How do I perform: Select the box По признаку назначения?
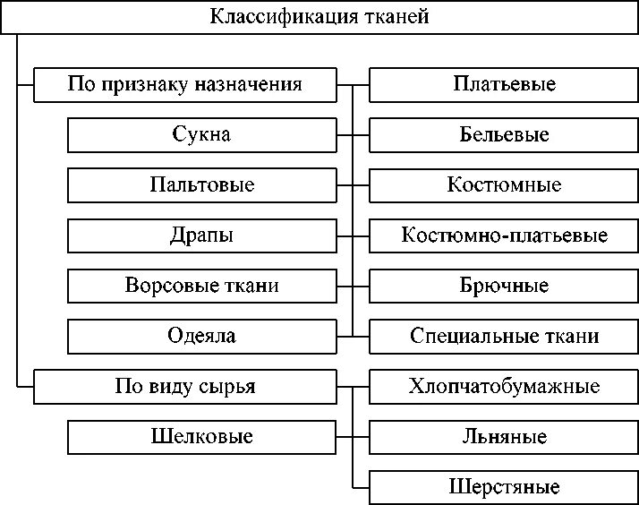coord(185,85)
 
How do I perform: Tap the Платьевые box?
coord(504,85)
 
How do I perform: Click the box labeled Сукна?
coord(202,135)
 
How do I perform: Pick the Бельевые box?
coord(504,135)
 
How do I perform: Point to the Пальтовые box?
coord(202,185)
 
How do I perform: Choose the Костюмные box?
coord(504,185)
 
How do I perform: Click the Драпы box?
coord(202,235)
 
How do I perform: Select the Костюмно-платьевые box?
coord(504,235)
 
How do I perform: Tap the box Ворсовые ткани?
coord(202,286)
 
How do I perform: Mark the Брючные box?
coord(504,286)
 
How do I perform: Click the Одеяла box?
coord(202,337)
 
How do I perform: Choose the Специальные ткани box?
coord(504,337)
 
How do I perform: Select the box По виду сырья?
coord(185,387)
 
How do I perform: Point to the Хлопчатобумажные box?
coord(504,387)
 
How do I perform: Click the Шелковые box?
coord(202,437)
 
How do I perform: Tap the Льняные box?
coord(504,437)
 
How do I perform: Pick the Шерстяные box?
coord(504,487)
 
